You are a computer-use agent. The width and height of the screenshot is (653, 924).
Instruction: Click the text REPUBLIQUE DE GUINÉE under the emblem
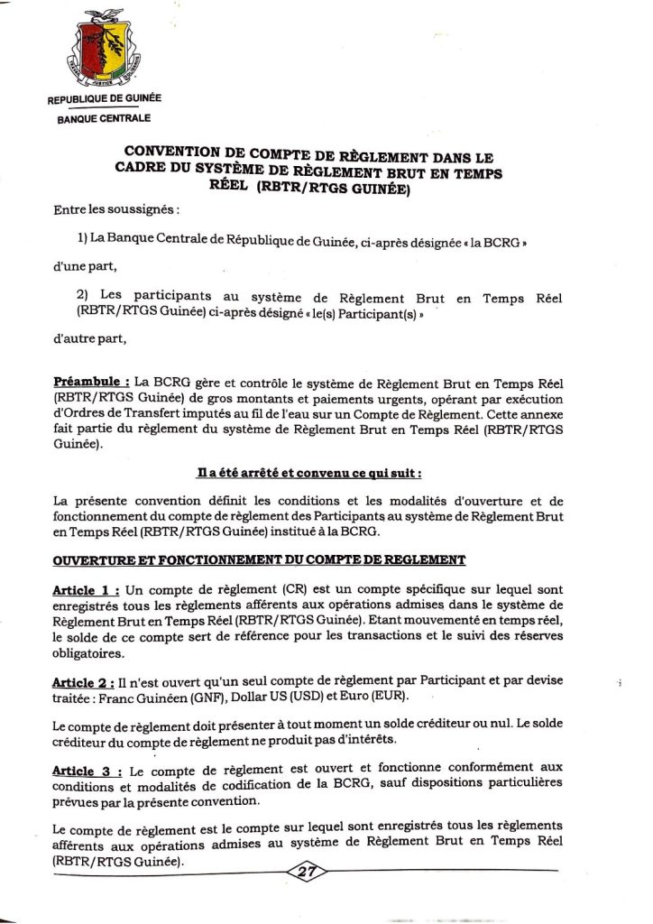point(104,99)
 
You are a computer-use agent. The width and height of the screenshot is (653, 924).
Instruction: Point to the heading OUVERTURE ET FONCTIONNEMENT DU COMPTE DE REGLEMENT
point(260,560)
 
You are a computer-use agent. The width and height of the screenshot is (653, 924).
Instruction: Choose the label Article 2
point(87,684)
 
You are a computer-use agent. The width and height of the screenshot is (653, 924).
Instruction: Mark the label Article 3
point(87,772)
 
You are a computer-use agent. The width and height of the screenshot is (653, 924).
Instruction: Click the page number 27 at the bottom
point(309,872)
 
